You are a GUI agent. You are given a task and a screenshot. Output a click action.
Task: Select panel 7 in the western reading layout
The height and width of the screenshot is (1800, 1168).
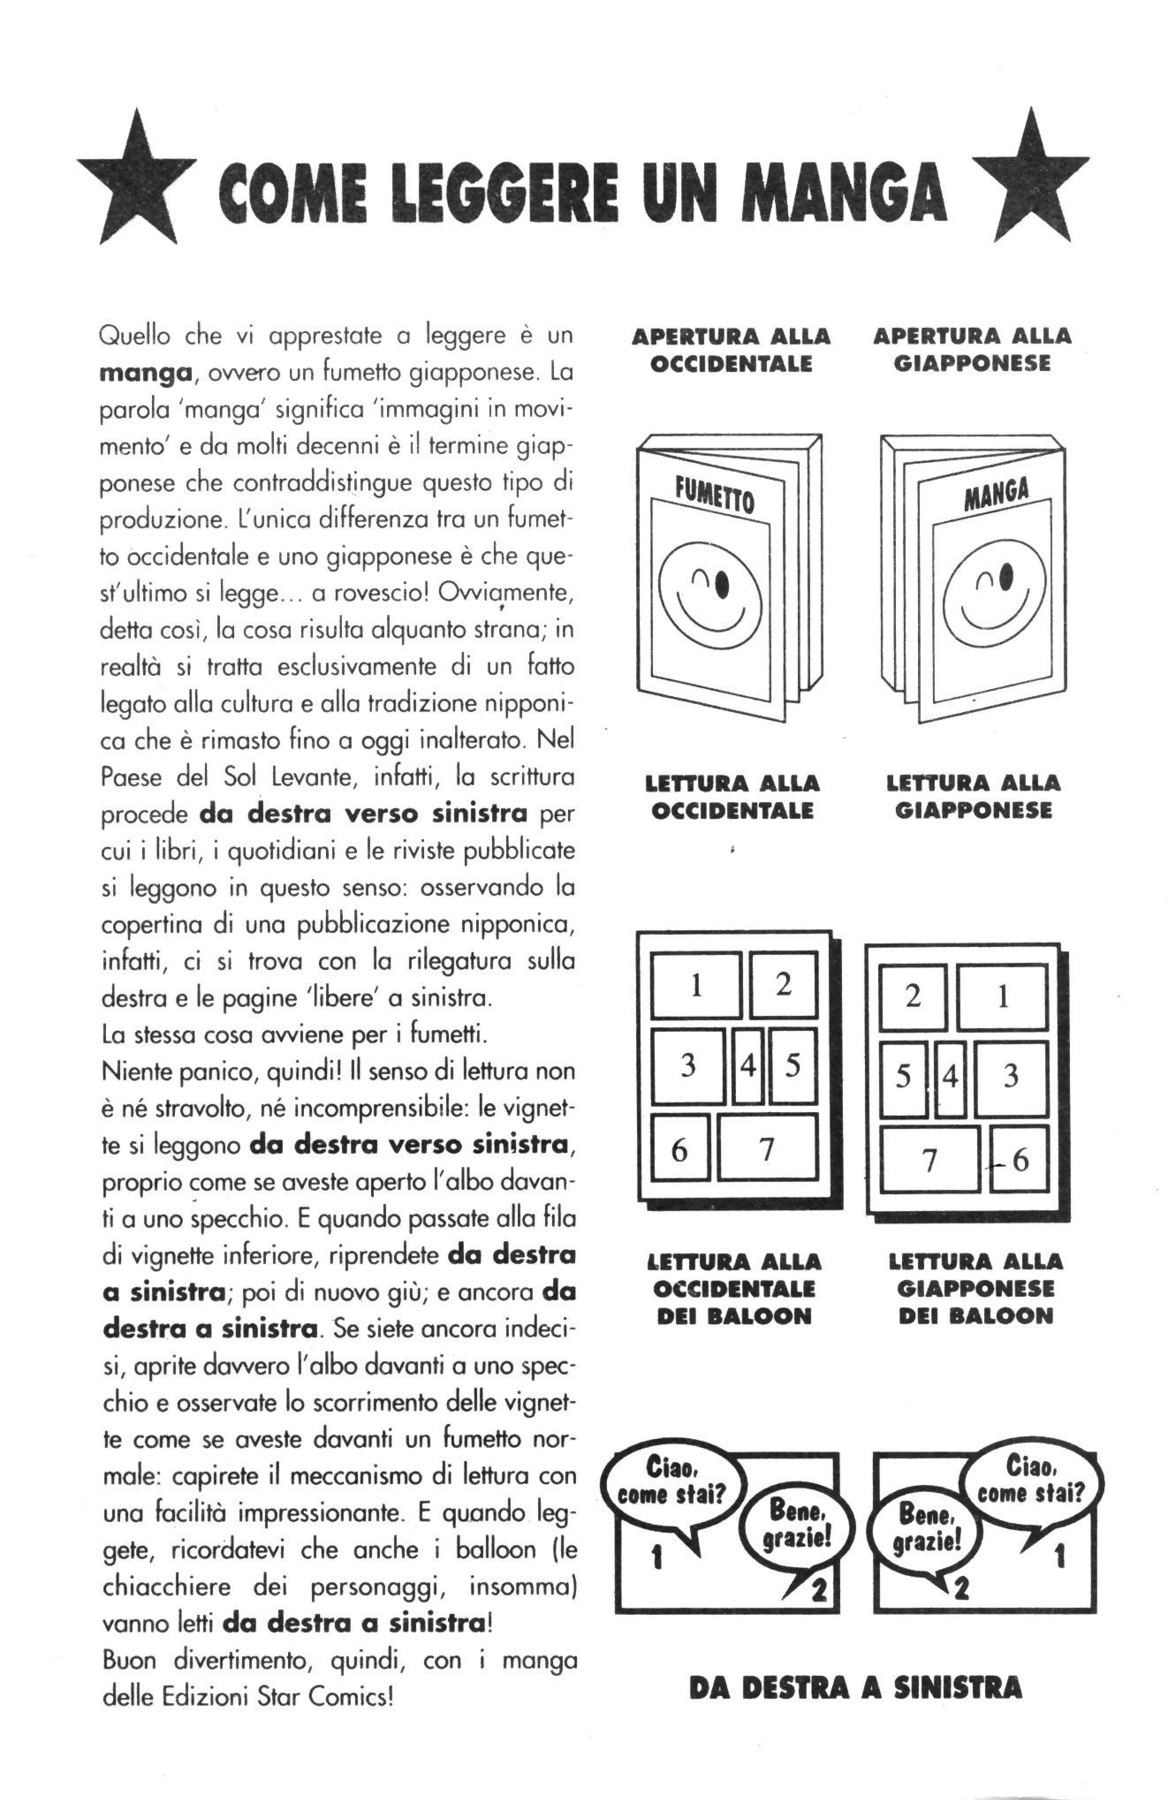(767, 1148)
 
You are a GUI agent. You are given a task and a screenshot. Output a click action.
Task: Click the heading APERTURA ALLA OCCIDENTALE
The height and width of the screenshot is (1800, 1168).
(731, 350)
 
